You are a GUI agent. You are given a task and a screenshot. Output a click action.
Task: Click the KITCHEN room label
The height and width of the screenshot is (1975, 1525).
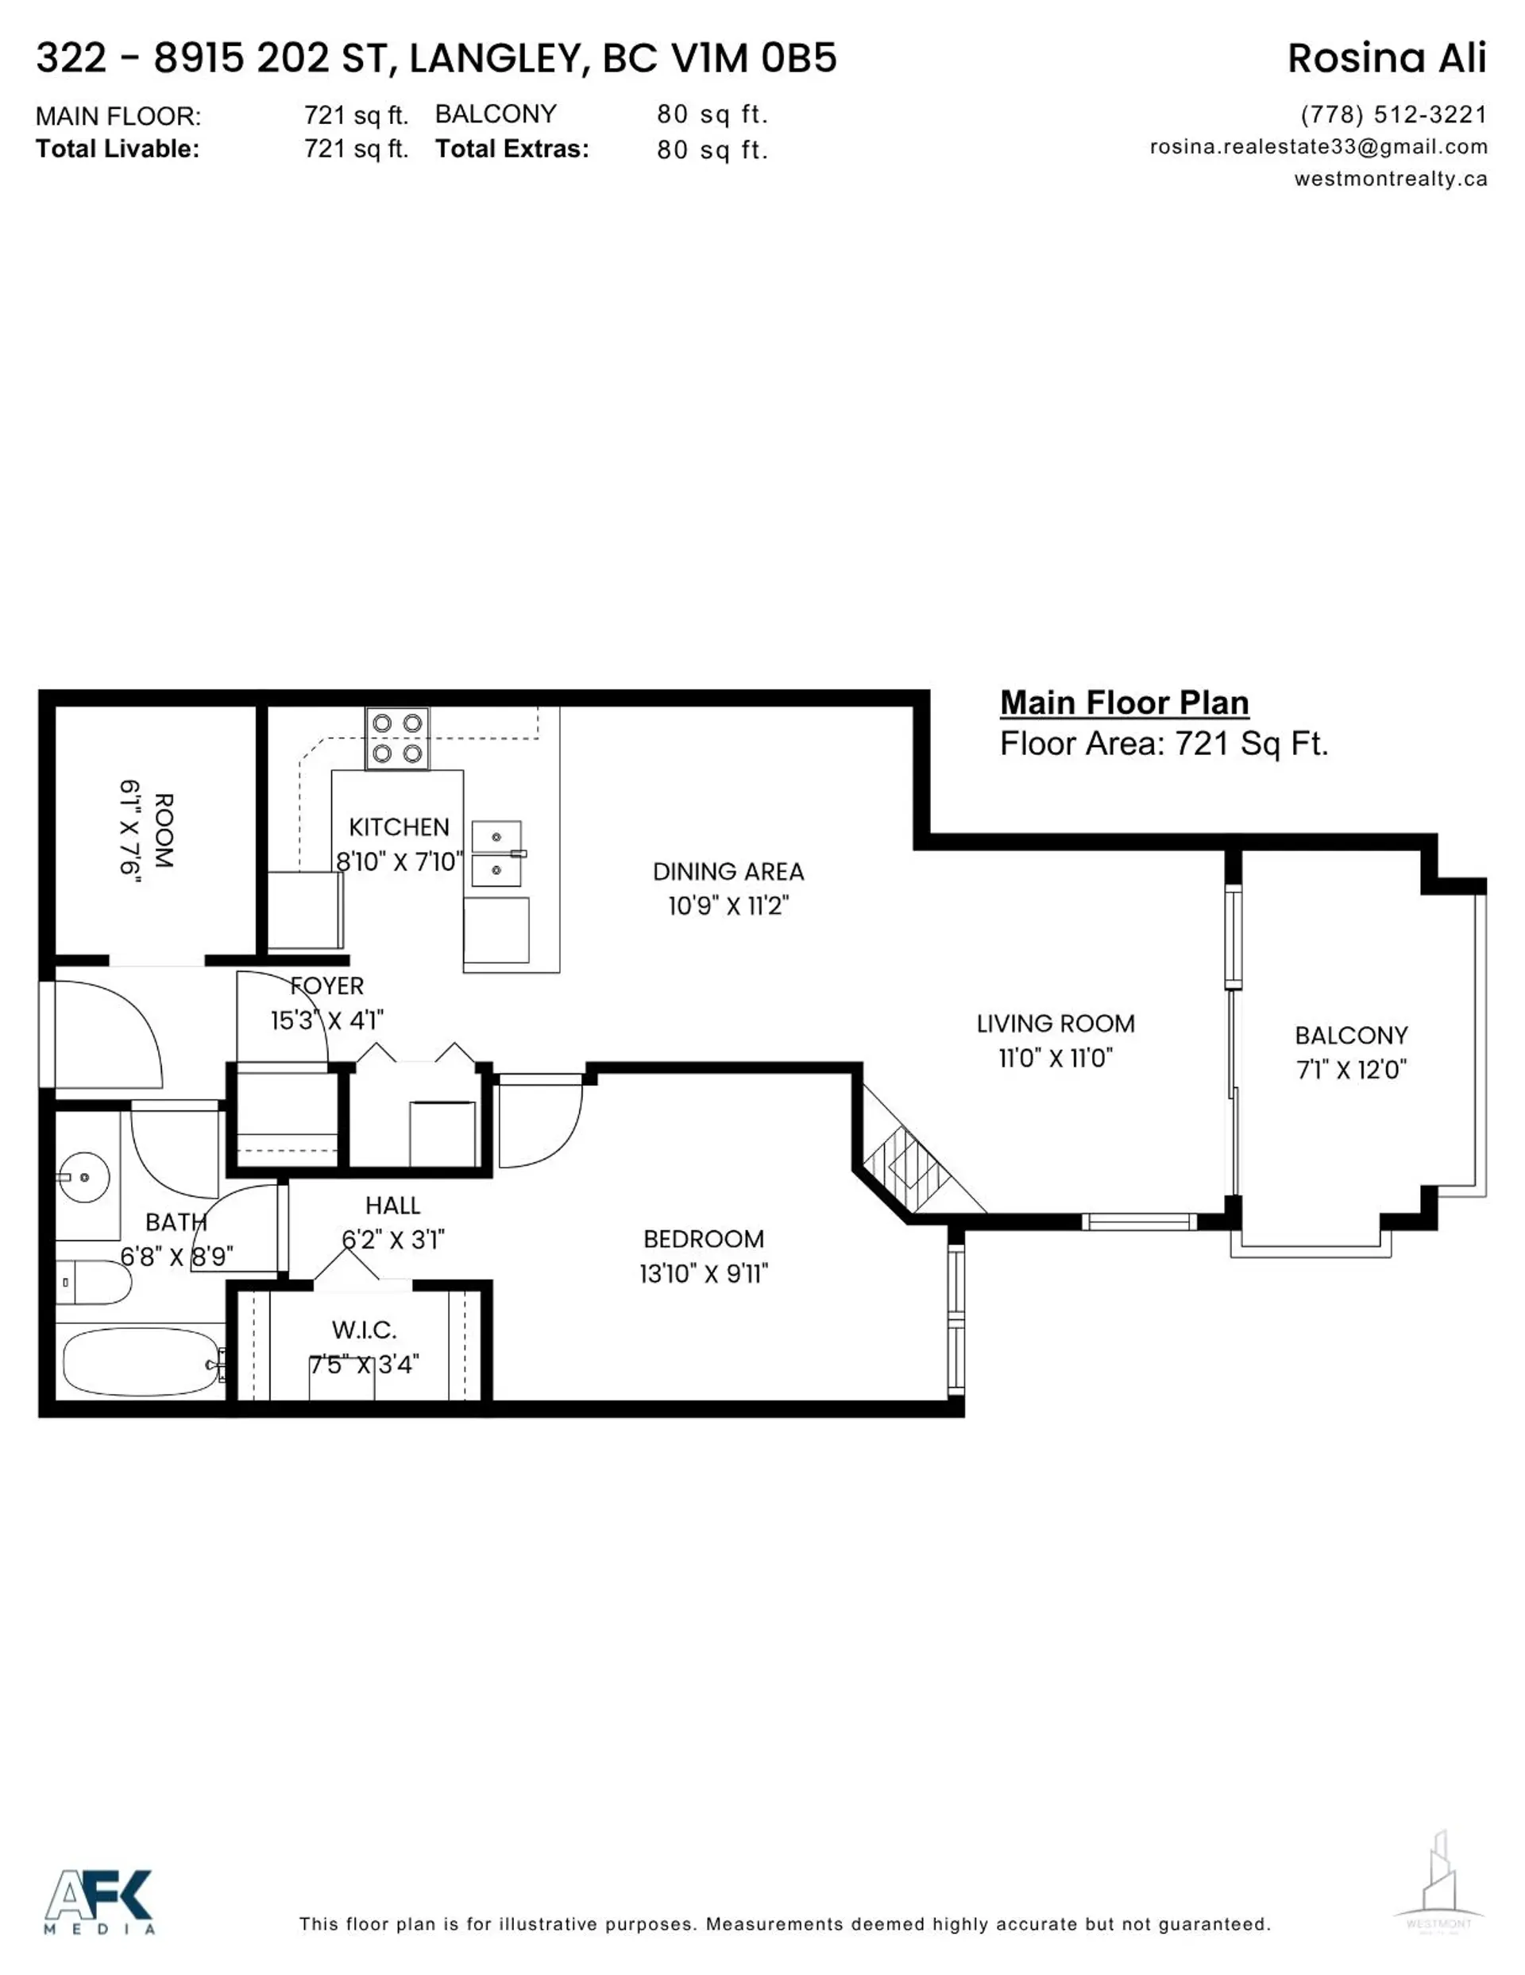click(399, 827)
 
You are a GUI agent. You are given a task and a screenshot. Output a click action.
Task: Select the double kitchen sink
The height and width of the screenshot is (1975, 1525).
click(496, 854)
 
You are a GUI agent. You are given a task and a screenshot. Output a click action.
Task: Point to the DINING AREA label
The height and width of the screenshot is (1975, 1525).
click(728, 872)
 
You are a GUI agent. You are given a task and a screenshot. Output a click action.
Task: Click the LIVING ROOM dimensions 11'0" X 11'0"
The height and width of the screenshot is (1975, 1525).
click(1055, 1058)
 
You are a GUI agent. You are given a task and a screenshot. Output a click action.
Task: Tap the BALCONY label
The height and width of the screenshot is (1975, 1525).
click(1350, 1036)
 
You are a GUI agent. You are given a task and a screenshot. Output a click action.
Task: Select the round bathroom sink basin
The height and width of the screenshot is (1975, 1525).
click(84, 1177)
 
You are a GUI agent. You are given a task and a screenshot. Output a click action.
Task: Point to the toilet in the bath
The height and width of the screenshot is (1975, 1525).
click(94, 1282)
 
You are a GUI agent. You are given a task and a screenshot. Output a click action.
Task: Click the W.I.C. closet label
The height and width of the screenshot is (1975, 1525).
click(364, 1330)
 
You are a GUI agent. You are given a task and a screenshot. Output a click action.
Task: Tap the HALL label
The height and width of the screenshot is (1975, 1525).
click(392, 1206)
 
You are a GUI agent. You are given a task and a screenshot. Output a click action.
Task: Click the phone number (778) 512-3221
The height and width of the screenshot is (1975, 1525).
click(1393, 115)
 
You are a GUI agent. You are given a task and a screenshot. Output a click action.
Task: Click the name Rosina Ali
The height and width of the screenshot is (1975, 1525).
click(1387, 59)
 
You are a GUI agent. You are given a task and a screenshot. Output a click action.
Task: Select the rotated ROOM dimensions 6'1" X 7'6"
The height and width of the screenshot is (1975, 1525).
click(131, 831)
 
